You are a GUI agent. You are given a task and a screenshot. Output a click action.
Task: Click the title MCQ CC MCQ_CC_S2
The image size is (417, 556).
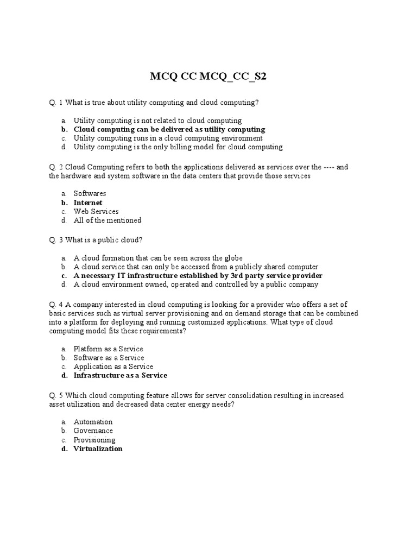point(208,77)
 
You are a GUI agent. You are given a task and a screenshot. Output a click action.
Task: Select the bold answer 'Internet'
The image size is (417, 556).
point(88,203)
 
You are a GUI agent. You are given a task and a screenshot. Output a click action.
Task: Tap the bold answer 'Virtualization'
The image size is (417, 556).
point(98,448)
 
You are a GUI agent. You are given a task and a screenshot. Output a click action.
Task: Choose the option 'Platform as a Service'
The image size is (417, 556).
point(108,349)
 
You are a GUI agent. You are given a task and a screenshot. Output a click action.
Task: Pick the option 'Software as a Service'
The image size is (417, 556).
point(109,358)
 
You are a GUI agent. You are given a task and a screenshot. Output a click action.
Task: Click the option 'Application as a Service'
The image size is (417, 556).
point(113,367)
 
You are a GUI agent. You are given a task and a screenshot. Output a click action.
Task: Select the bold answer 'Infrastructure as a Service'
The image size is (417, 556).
point(120,375)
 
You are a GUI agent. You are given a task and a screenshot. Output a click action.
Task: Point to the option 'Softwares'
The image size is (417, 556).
point(90,193)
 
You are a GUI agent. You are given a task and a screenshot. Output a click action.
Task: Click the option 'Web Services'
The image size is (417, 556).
point(96,211)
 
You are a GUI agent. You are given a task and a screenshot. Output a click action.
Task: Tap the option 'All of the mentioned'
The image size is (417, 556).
point(108,220)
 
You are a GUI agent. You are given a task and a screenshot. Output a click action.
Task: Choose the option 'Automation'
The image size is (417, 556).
point(93,422)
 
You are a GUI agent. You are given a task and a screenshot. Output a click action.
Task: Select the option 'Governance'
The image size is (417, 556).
point(93,431)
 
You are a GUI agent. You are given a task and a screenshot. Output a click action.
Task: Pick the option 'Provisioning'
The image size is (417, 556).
point(94,440)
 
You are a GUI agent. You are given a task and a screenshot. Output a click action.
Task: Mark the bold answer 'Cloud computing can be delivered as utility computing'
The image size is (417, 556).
point(169,129)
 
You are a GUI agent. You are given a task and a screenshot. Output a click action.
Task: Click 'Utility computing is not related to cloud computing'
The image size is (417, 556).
point(157,121)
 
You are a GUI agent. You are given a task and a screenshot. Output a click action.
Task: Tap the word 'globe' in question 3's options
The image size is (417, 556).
point(233,258)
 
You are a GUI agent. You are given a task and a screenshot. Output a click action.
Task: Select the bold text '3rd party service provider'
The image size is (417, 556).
point(280,276)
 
